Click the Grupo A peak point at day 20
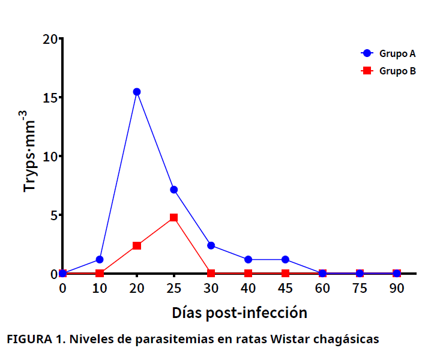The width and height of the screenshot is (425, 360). (x=137, y=92)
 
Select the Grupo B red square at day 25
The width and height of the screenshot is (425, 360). (x=173, y=217)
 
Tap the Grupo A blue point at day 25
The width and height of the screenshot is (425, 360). (x=173, y=190)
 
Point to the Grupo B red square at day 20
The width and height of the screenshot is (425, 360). (x=137, y=245)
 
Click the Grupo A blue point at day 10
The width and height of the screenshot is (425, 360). (x=100, y=259)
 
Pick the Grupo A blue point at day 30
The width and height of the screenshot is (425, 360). (x=211, y=245)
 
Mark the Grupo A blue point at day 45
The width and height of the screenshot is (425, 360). (x=285, y=259)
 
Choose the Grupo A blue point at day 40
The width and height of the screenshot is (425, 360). (x=248, y=259)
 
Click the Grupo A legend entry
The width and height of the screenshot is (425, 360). (x=390, y=53)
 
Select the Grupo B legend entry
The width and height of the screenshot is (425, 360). (x=390, y=71)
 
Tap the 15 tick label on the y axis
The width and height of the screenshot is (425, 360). (x=50, y=98)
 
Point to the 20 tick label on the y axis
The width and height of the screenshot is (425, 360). (x=50, y=40)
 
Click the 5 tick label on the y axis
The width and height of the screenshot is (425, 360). (x=53, y=215)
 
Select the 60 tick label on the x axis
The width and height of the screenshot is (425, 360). (x=322, y=288)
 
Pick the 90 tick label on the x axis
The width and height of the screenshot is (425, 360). (x=397, y=288)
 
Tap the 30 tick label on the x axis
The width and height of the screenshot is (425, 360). (x=211, y=288)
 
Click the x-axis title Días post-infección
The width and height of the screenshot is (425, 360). (x=239, y=313)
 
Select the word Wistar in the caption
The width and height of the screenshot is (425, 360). (x=290, y=340)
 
